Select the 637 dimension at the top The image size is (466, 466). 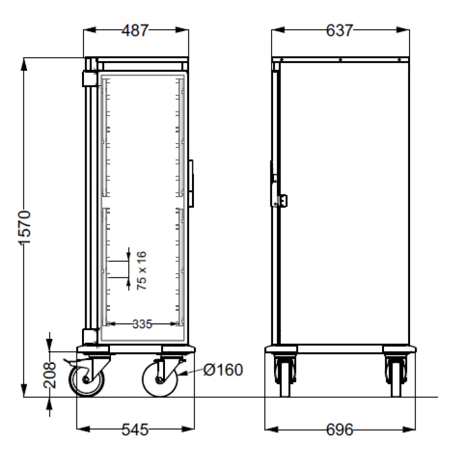[339, 31]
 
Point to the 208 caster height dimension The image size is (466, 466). [52, 375]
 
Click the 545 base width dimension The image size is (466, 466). [135, 429]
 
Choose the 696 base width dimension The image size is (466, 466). [339, 429]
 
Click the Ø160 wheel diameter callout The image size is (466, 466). [223, 370]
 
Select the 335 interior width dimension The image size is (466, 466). [142, 324]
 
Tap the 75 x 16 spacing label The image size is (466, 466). [142, 271]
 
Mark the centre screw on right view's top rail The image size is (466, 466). [341, 60]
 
